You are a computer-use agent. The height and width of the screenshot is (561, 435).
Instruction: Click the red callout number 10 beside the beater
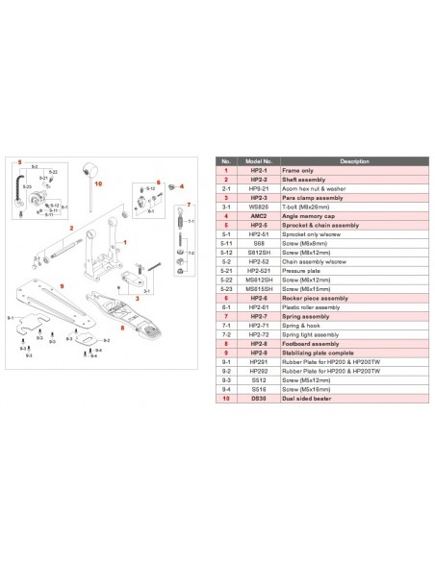point(98,180)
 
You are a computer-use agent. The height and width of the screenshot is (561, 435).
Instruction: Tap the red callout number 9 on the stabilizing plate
point(62,285)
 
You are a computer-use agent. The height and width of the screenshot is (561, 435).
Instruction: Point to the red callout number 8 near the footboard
point(122,326)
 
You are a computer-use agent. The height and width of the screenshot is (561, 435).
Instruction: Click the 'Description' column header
point(347,161)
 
